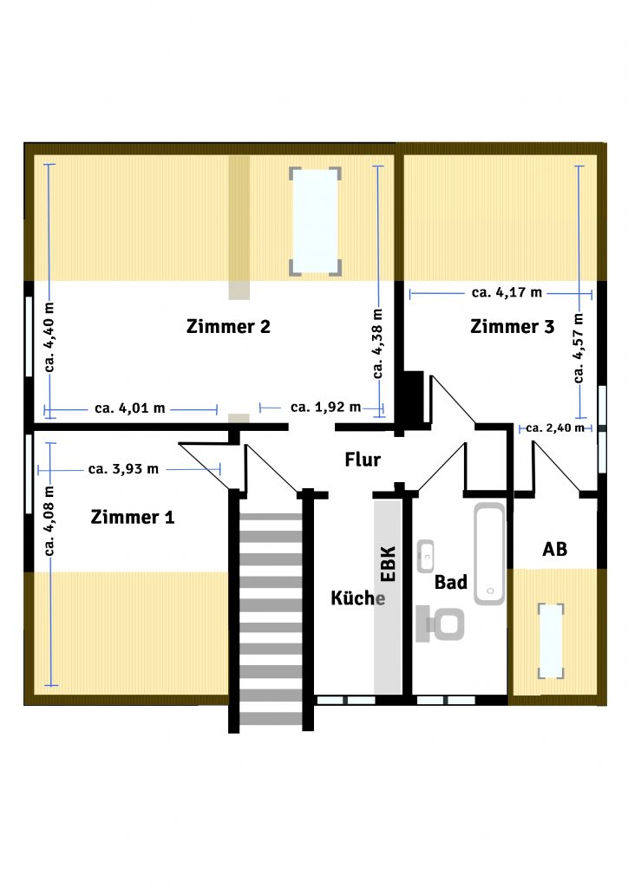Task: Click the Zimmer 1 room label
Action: tap(133, 517)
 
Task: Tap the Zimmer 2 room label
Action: tap(228, 327)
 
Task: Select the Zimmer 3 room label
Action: tap(513, 327)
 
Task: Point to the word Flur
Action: tap(363, 460)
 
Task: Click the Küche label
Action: tap(358, 597)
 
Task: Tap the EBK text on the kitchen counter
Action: tap(389, 564)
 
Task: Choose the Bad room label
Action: tap(451, 582)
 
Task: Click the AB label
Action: tap(555, 549)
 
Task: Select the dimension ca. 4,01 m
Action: tap(130, 408)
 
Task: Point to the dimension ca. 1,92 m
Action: tap(325, 408)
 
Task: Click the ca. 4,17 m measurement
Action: tap(507, 293)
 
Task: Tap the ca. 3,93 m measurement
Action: tap(123, 469)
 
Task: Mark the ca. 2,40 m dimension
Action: tap(555, 428)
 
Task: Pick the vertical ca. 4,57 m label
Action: tap(579, 348)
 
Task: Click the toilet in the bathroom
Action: tap(440, 624)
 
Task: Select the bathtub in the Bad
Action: tap(489, 554)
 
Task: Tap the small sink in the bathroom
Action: tap(425, 556)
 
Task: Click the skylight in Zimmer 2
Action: tap(315, 221)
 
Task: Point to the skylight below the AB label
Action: tap(551, 641)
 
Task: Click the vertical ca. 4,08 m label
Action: tap(49, 521)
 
